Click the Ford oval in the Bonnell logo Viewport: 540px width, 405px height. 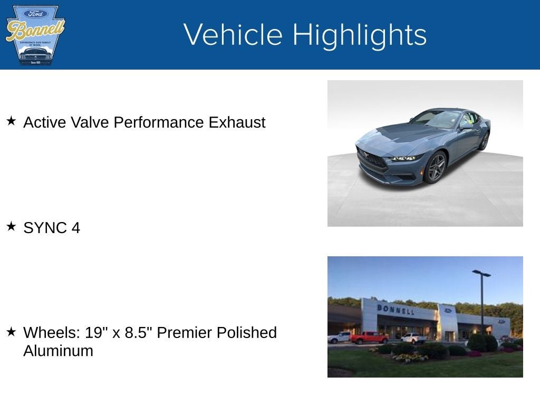(35, 13)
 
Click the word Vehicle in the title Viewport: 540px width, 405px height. (233, 35)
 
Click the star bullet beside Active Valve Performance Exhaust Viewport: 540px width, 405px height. (11, 121)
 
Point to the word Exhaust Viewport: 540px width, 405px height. (237, 122)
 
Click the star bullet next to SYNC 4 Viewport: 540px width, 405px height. (11, 227)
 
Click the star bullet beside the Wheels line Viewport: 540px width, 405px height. (11, 332)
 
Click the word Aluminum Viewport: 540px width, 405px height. (58, 351)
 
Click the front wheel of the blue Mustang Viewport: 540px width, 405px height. (436, 167)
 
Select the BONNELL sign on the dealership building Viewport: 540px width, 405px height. (396, 309)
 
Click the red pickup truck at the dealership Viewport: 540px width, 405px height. (369, 337)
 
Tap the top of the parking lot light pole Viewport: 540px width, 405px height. (481, 273)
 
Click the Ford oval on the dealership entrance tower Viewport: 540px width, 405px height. (448, 311)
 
